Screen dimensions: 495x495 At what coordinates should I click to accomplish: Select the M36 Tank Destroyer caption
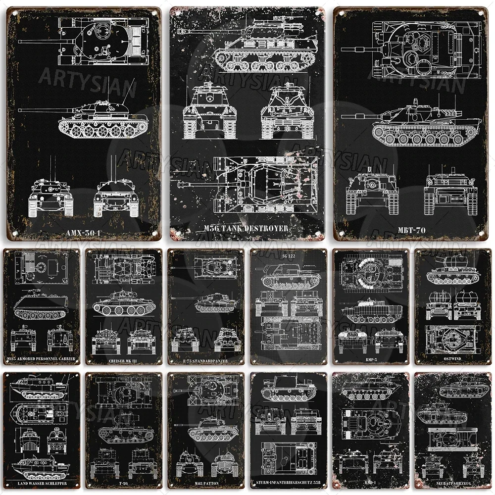click(245, 228)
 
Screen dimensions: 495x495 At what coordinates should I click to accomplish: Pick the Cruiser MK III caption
click(124, 360)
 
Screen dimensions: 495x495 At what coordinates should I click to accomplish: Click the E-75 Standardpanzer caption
click(206, 360)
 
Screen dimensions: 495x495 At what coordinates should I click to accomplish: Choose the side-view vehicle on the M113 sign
click(42, 305)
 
